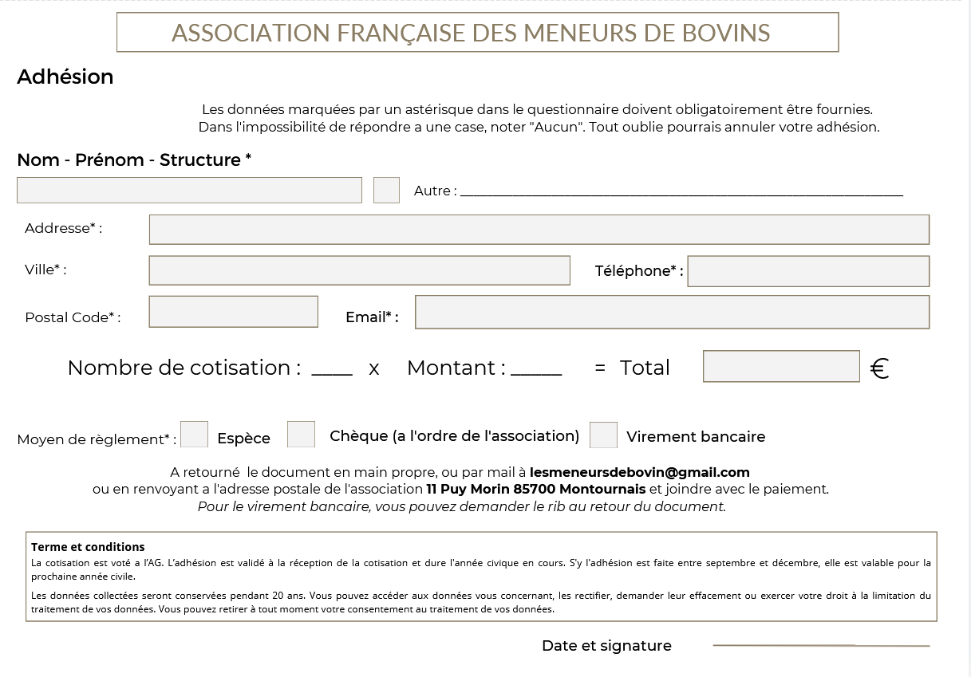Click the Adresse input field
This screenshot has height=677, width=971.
coord(539,230)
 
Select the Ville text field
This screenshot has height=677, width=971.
coord(359,270)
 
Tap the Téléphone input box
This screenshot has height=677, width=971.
coord(808,271)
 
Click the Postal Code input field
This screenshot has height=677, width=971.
coord(233,312)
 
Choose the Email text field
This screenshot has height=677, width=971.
coord(672,313)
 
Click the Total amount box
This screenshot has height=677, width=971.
coord(781,367)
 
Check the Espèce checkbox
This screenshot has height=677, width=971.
coord(195,435)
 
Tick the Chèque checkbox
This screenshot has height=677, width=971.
coord(301,435)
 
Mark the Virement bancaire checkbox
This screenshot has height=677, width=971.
coord(603,435)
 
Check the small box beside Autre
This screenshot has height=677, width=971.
coord(386,191)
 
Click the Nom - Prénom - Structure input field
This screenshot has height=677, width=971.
coord(189,191)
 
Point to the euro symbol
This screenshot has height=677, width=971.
coord(879,368)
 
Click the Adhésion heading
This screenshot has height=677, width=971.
coord(65,77)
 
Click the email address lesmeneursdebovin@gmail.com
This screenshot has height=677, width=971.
coord(639,472)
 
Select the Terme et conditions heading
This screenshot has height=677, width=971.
coord(88,547)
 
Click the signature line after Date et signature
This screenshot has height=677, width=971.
coord(821,644)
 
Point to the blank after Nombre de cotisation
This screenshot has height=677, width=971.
coord(332,371)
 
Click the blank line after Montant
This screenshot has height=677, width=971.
coord(536,371)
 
